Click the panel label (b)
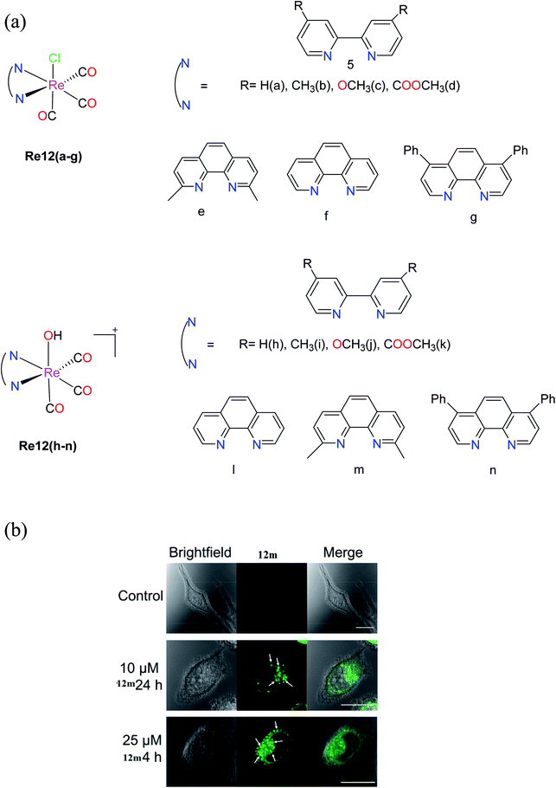[17, 527]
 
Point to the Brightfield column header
[201, 552]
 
